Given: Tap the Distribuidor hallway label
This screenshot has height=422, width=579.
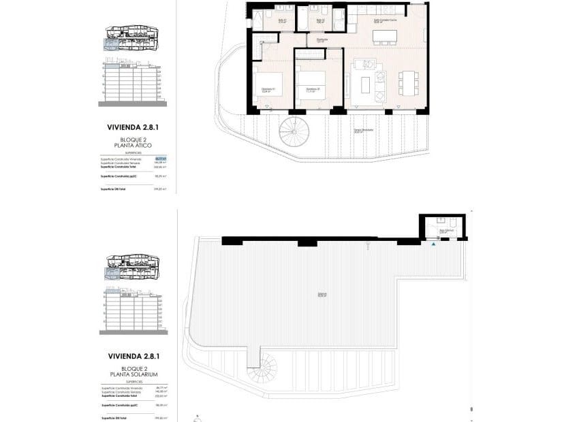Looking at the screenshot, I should pyautogui.click(x=322, y=39).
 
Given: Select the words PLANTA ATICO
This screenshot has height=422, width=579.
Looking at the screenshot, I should pyautogui.click(x=134, y=145).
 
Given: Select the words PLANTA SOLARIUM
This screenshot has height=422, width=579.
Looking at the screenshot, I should pyautogui.click(x=134, y=374).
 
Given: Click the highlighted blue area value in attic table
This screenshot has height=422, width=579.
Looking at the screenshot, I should pyautogui.click(x=160, y=159).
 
